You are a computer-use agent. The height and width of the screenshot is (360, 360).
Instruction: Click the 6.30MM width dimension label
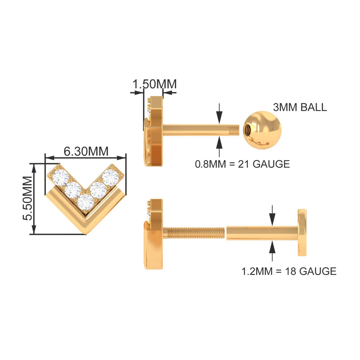click(x=86, y=151)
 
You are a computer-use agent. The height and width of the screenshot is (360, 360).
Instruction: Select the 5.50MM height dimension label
click(x=27, y=199)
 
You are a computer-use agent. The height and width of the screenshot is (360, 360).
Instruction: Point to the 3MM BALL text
click(x=300, y=107)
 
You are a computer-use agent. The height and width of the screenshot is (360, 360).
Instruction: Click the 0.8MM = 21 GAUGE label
click(x=242, y=164)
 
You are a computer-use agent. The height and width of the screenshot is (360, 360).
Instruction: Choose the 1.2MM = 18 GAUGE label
click(x=289, y=271)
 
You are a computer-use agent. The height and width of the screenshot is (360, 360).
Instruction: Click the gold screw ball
click(x=262, y=130)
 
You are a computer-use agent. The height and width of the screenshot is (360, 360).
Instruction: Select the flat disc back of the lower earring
click(x=302, y=233)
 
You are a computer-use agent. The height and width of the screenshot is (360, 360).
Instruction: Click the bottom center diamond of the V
click(x=85, y=202)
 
